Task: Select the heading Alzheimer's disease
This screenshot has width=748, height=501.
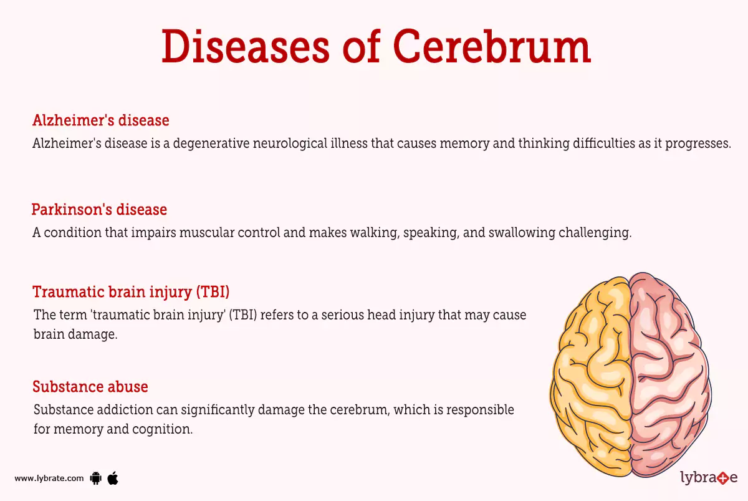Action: [x=100, y=120]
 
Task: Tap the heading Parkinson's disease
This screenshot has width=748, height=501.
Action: [x=99, y=209]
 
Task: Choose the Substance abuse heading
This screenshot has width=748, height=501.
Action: [x=90, y=387]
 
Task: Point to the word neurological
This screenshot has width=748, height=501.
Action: [x=299, y=143]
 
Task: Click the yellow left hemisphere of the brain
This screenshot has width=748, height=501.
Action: [x=592, y=374]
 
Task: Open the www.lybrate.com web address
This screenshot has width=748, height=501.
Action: [x=49, y=479]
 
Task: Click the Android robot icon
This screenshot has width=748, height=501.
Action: [x=96, y=479]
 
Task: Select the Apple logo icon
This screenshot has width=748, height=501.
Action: [x=113, y=478]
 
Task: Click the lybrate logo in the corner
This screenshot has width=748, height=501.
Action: [x=708, y=479]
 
